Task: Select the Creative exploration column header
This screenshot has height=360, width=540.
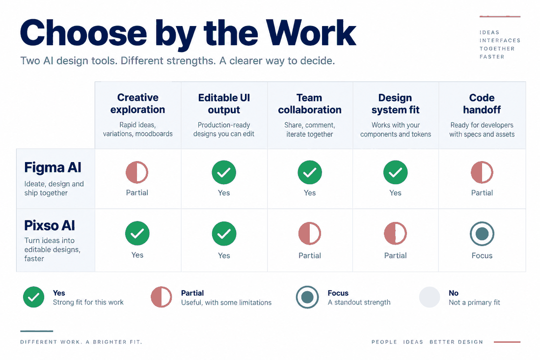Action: [x=138, y=103]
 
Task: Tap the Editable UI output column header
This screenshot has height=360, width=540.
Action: [x=224, y=104]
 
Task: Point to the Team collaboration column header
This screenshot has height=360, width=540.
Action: [x=310, y=104]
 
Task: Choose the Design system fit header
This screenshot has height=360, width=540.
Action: [x=395, y=104]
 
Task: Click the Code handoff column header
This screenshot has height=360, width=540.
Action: [x=482, y=104]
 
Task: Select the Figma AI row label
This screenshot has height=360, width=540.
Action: [x=53, y=168]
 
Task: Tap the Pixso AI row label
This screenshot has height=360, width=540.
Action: [x=50, y=225]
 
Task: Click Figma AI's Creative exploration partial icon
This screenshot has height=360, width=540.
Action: [x=137, y=172]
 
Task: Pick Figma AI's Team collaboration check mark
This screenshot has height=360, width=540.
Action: [x=310, y=172]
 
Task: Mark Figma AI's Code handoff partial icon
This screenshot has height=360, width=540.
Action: [x=482, y=172]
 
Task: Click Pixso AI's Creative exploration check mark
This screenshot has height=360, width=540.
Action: [x=137, y=233]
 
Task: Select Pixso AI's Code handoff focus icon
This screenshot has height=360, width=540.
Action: [x=482, y=234]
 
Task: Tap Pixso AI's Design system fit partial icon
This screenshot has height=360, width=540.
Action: [x=395, y=234]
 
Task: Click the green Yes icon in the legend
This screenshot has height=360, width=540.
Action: [x=34, y=297]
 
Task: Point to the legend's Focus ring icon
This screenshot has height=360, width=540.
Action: [x=307, y=297]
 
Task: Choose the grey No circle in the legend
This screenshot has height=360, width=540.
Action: [x=430, y=297]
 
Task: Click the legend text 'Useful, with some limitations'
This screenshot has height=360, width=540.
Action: [x=226, y=303]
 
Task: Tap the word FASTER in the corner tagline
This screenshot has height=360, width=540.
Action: [x=492, y=57]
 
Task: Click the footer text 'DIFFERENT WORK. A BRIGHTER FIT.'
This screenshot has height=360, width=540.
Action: [x=81, y=342]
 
